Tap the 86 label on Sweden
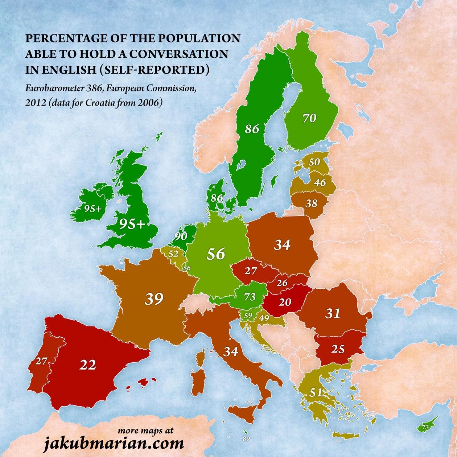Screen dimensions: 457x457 pyautogui.click(x=252, y=129)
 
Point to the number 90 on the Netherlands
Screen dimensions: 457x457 pyautogui.click(x=180, y=236)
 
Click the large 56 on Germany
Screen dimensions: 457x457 pyautogui.click(x=215, y=254)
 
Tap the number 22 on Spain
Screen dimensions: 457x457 pyautogui.click(x=88, y=365)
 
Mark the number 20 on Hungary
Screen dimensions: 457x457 pyautogui.click(x=285, y=301)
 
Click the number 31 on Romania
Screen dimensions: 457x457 pyautogui.click(x=332, y=313)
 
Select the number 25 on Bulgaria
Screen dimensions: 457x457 pyautogui.click(x=338, y=349)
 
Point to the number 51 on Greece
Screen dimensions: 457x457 pyautogui.click(x=316, y=392)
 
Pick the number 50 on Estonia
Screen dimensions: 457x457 pyautogui.click(x=314, y=162)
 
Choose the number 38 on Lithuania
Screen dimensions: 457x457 pyautogui.click(x=311, y=203)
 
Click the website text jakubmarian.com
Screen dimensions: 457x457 pyautogui.click(x=114, y=443)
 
